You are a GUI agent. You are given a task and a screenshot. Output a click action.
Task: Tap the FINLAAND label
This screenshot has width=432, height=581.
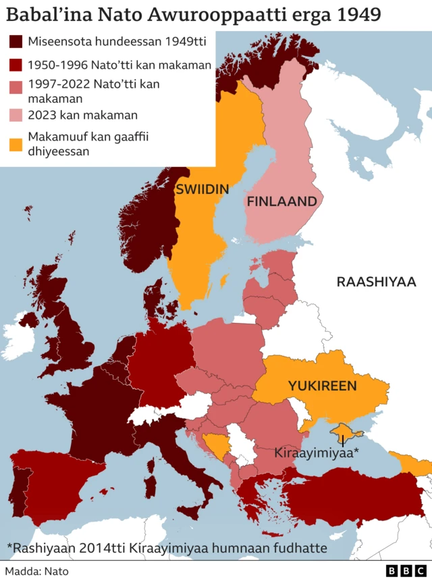[x=281, y=201]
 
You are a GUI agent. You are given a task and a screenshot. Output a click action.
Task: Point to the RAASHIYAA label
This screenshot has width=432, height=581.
[x=376, y=282]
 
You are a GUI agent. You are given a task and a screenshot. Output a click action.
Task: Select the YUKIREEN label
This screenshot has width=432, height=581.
[x=322, y=386]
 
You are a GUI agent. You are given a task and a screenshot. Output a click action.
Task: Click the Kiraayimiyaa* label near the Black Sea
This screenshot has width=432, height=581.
[x=317, y=452]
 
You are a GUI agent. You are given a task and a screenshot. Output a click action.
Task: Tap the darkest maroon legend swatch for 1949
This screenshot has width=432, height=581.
[x=16, y=43]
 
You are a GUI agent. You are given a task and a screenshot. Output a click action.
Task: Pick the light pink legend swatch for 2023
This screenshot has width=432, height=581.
[x=16, y=115]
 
